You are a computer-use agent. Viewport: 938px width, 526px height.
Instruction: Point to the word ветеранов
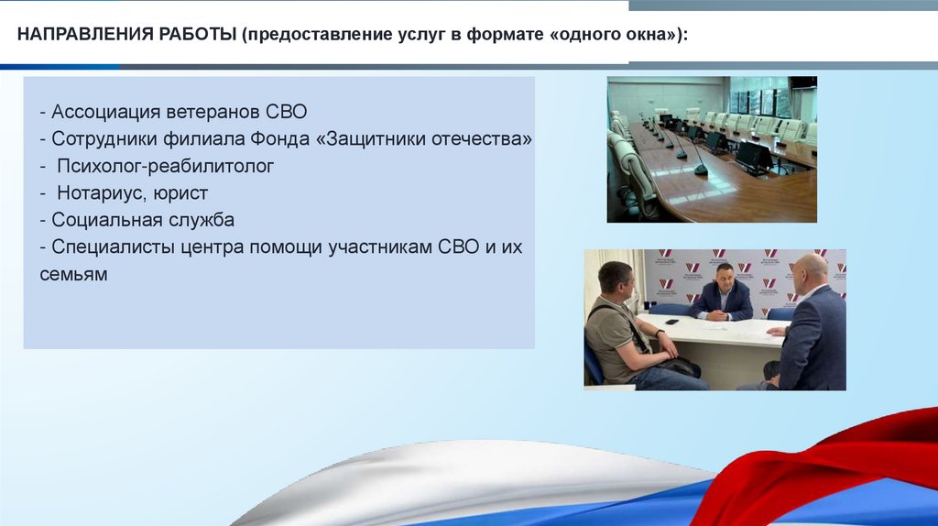[213, 112]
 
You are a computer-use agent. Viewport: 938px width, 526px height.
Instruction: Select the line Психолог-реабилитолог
[165, 166]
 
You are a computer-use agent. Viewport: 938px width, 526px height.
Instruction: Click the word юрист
[180, 193]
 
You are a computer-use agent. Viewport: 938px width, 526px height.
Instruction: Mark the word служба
[201, 220]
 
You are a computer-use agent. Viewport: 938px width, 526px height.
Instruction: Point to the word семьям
[73, 275]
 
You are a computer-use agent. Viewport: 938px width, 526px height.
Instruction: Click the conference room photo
[712, 149]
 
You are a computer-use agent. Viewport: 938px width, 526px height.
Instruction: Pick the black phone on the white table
[671, 322]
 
